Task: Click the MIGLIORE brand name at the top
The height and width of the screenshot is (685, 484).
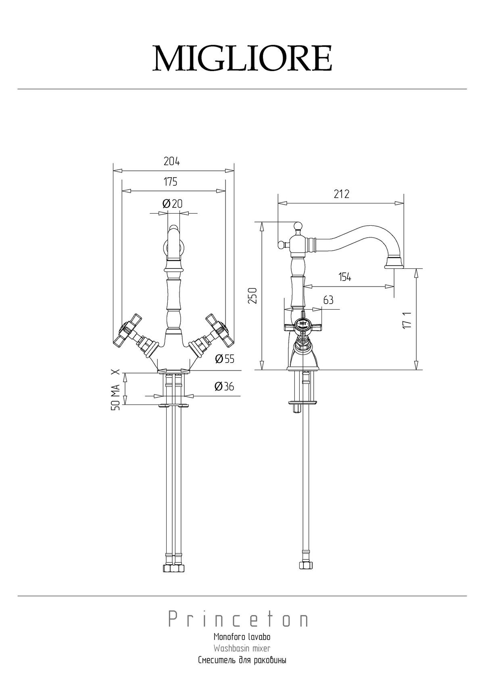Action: pyautogui.click(x=242, y=58)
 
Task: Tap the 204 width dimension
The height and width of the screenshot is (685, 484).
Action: pyautogui.click(x=171, y=161)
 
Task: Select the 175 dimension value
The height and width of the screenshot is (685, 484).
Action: pyautogui.click(x=170, y=182)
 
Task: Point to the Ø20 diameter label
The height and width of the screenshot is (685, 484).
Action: pyautogui.click(x=172, y=203)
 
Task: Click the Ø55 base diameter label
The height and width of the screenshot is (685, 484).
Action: pyautogui.click(x=225, y=358)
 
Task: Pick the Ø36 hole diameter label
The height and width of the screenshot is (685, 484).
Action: pyautogui.click(x=224, y=387)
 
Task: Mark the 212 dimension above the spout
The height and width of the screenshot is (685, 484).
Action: pyautogui.click(x=341, y=194)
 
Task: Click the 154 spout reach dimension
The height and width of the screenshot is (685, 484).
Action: pyautogui.click(x=345, y=277)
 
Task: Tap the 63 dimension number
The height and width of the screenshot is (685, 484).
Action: pyautogui.click(x=328, y=300)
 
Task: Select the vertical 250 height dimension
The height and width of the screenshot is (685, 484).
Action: pyautogui.click(x=253, y=295)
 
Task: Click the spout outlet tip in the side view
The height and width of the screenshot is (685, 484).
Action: pyautogui.click(x=394, y=267)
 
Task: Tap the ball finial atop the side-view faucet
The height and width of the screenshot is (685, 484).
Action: pyautogui.click(x=298, y=226)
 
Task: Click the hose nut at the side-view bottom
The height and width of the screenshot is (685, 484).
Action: pyautogui.click(x=306, y=565)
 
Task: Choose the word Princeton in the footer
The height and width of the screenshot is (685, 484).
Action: pyautogui.click(x=238, y=618)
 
